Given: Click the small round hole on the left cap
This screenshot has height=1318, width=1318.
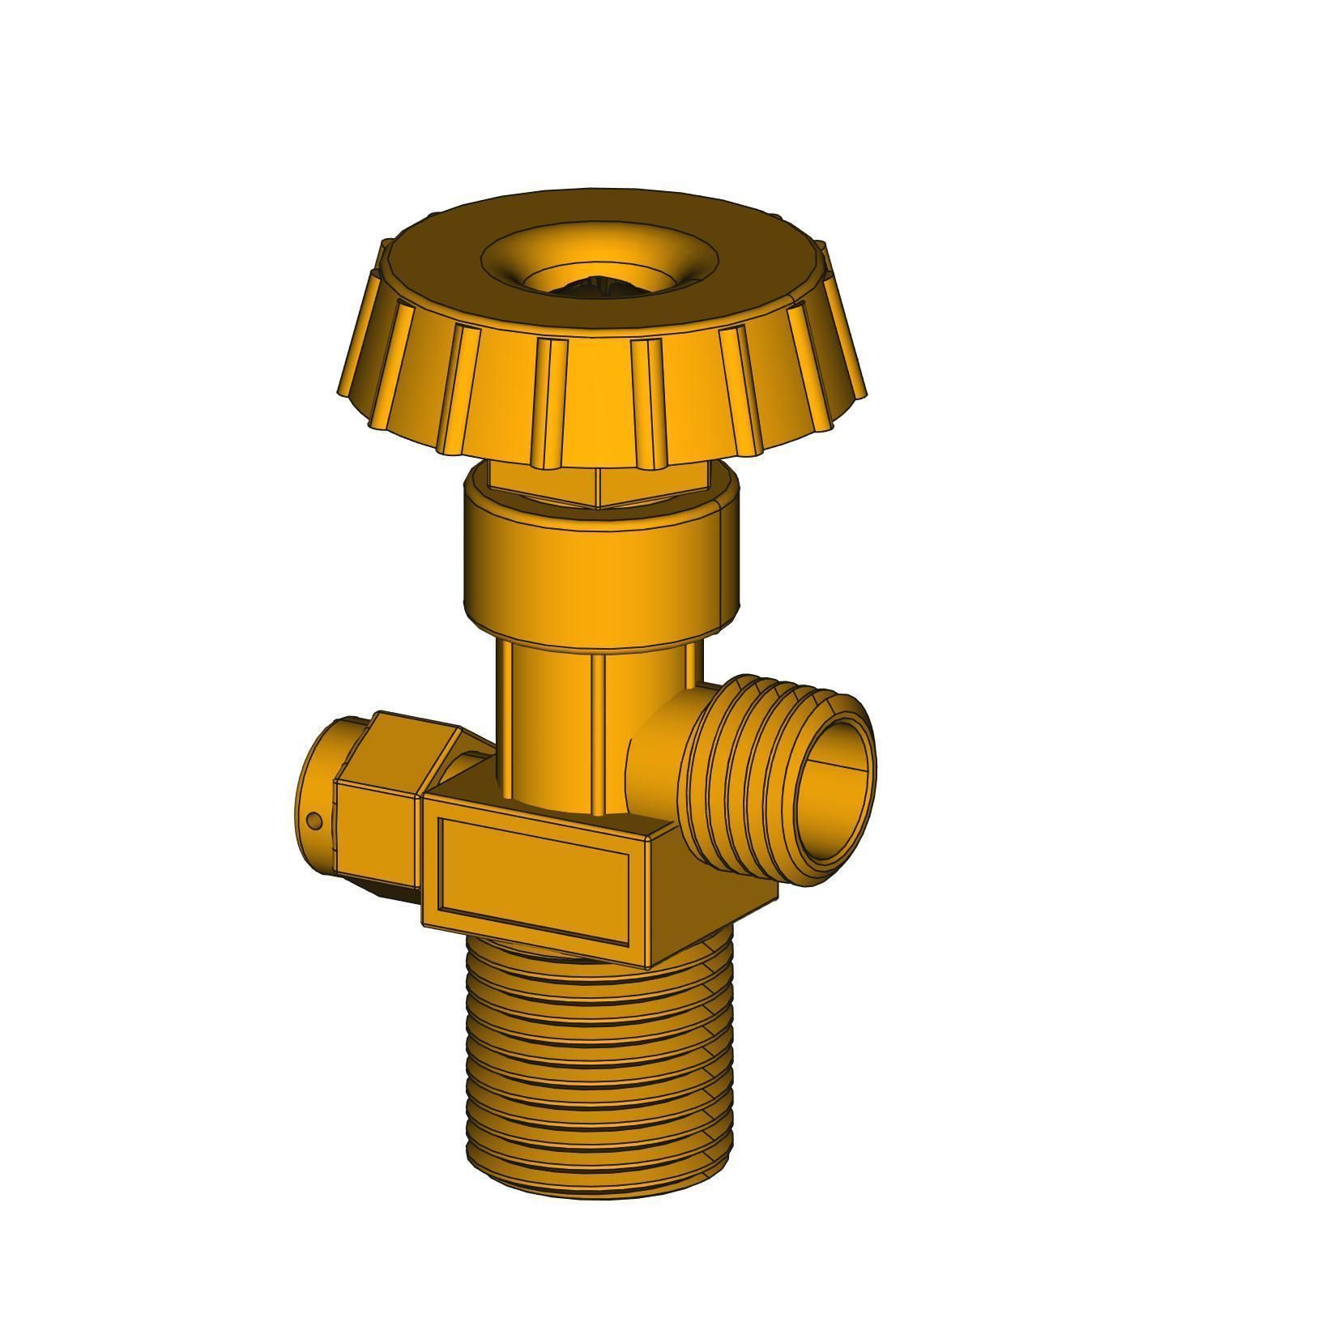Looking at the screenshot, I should (316, 821).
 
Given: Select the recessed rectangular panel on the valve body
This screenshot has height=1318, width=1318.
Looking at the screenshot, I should (535, 879).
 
